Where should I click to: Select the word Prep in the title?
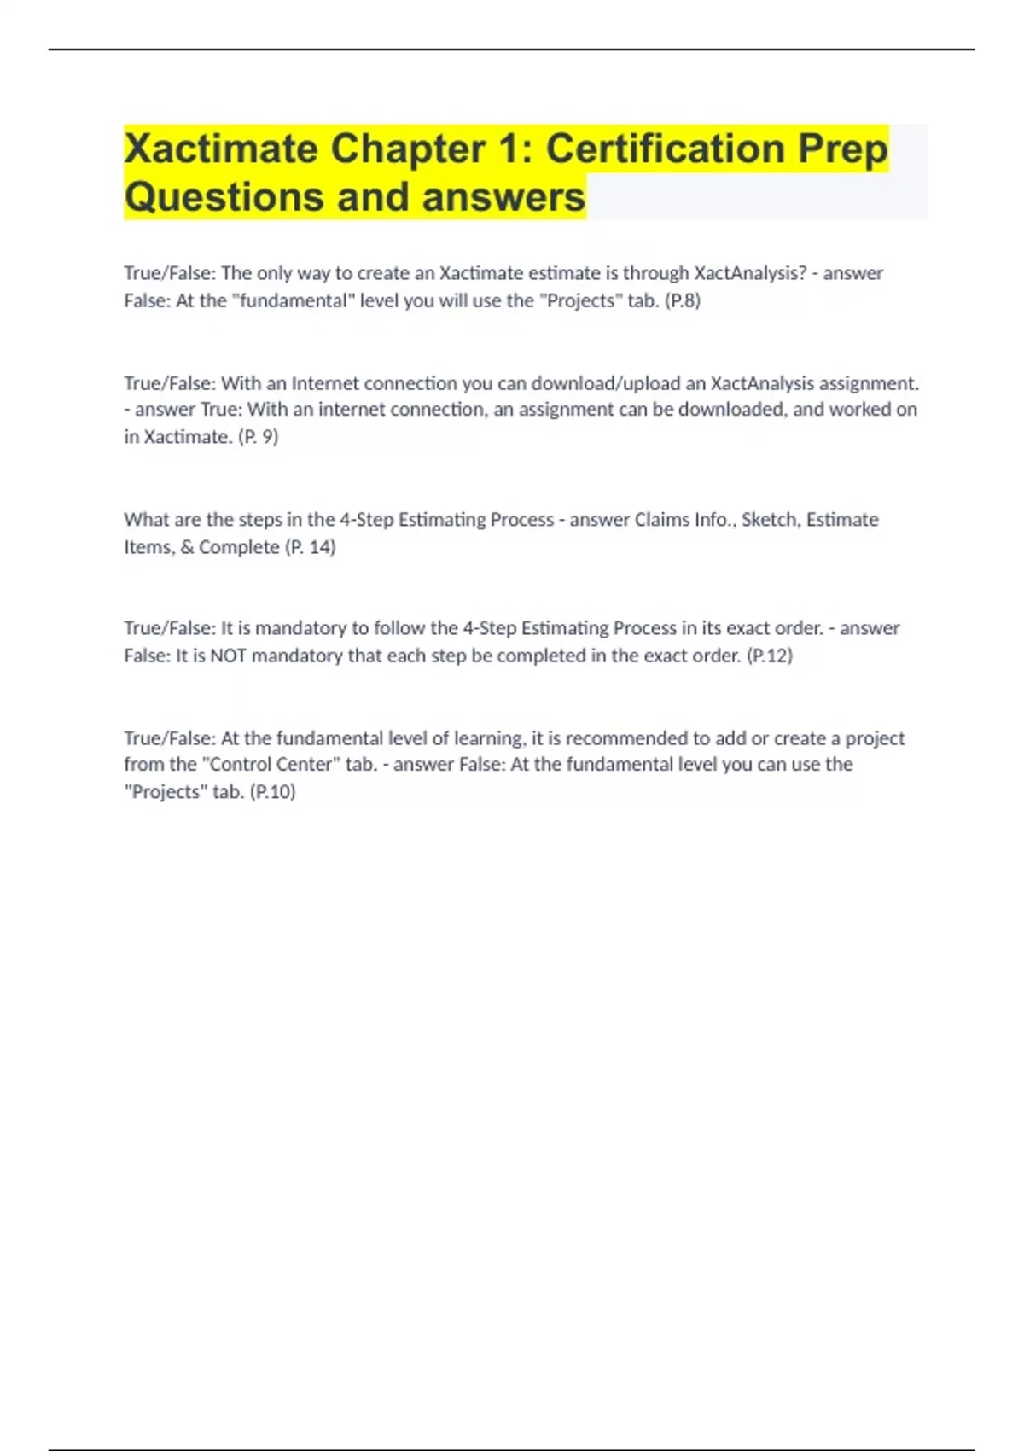point(843,149)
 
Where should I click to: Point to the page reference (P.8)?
point(682,300)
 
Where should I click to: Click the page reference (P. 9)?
point(258,437)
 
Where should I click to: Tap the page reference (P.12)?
point(769,656)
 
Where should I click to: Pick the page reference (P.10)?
point(272,792)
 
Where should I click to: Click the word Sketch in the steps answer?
point(769,520)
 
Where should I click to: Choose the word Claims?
point(662,520)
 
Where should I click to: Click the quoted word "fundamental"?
point(293,300)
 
